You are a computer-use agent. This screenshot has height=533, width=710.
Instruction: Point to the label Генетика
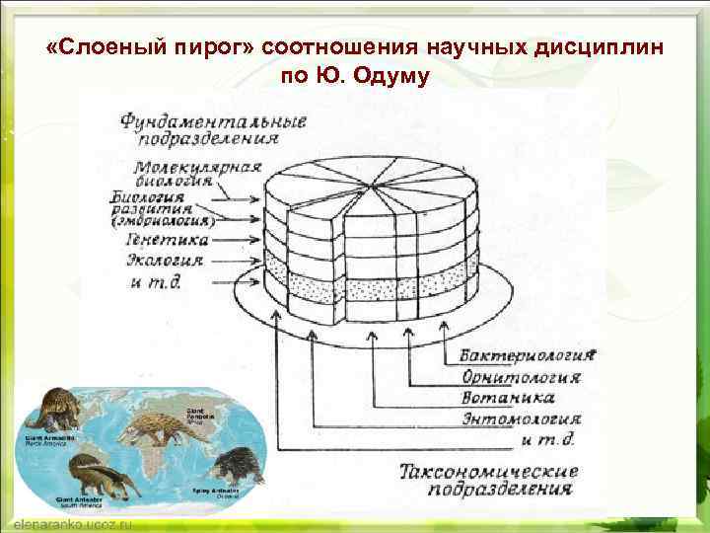click(x=167, y=239)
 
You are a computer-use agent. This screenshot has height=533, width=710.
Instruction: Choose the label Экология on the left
click(x=165, y=261)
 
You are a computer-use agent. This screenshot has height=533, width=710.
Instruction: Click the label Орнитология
click(x=521, y=377)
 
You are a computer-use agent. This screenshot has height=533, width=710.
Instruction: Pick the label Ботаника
click(x=508, y=398)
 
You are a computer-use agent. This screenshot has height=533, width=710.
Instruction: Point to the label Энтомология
click(x=522, y=419)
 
